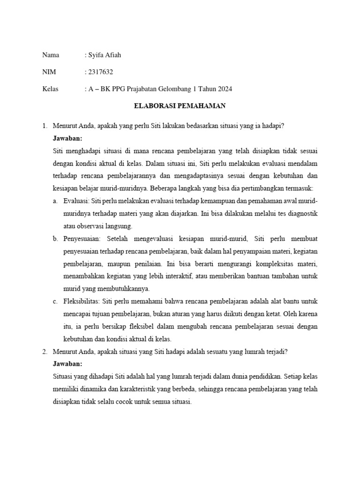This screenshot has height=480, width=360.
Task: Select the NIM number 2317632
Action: (100, 72)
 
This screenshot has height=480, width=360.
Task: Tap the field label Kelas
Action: (50, 89)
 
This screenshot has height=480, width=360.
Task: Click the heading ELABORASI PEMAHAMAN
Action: (180, 106)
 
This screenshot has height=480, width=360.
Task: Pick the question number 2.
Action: (44, 351)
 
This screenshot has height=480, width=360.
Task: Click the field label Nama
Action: (51, 55)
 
